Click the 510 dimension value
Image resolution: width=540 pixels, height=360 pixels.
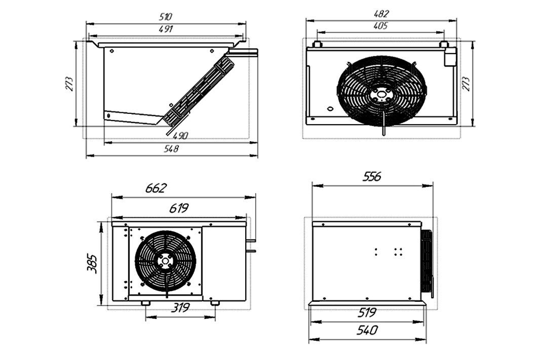(x=166, y=16)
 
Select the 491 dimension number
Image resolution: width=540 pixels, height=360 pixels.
(x=166, y=29)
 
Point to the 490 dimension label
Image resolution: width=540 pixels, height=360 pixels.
(x=181, y=136)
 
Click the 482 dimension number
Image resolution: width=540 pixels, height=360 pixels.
(x=381, y=14)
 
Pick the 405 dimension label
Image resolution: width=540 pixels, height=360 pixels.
(x=380, y=26)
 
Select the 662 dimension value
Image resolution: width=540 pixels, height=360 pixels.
(x=156, y=189)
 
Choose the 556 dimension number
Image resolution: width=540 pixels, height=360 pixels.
(x=372, y=176)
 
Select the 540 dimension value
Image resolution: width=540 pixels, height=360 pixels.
(x=367, y=331)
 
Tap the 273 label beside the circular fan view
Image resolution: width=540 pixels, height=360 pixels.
(x=467, y=84)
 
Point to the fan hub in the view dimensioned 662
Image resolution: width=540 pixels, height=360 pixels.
(x=165, y=260)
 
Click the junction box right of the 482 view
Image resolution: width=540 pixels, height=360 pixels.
(x=450, y=57)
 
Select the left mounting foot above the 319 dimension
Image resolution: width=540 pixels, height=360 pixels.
(x=145, y=303)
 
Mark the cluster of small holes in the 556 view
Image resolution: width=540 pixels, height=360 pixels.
(x=388, y=251)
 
